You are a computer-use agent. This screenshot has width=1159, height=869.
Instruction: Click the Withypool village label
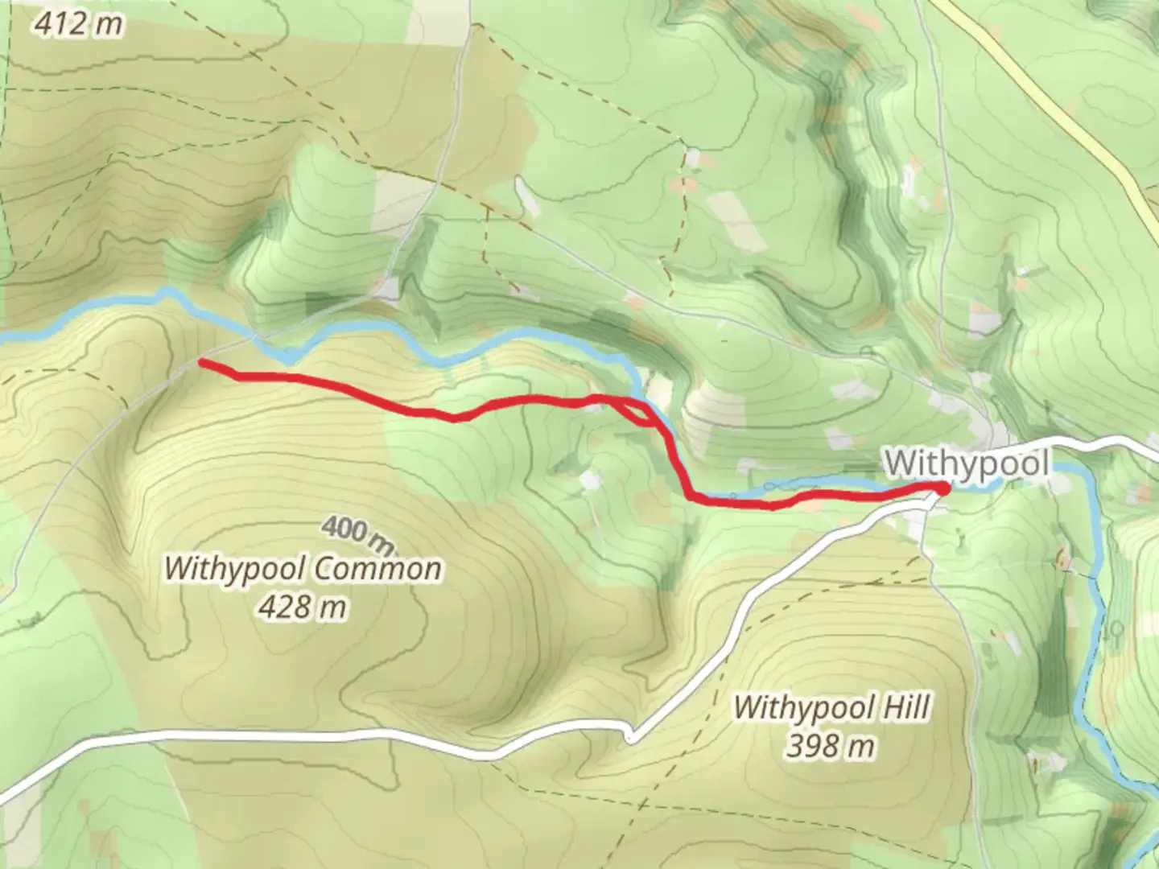[967, 464]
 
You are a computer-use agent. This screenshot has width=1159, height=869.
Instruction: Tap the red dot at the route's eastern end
[942, 487]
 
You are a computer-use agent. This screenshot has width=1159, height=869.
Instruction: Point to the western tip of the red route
[200, 363]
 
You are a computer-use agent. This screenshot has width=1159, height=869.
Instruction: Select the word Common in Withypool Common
[375, 570]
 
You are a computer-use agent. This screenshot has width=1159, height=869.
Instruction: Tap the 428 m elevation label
[303, 607]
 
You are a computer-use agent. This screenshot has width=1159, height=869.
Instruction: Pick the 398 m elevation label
[830, 747]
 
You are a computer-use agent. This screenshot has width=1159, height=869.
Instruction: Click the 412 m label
[79, 24]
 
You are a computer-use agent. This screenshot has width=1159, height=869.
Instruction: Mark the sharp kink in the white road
[630, 734]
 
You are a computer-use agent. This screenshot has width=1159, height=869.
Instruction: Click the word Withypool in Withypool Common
[233, 570]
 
